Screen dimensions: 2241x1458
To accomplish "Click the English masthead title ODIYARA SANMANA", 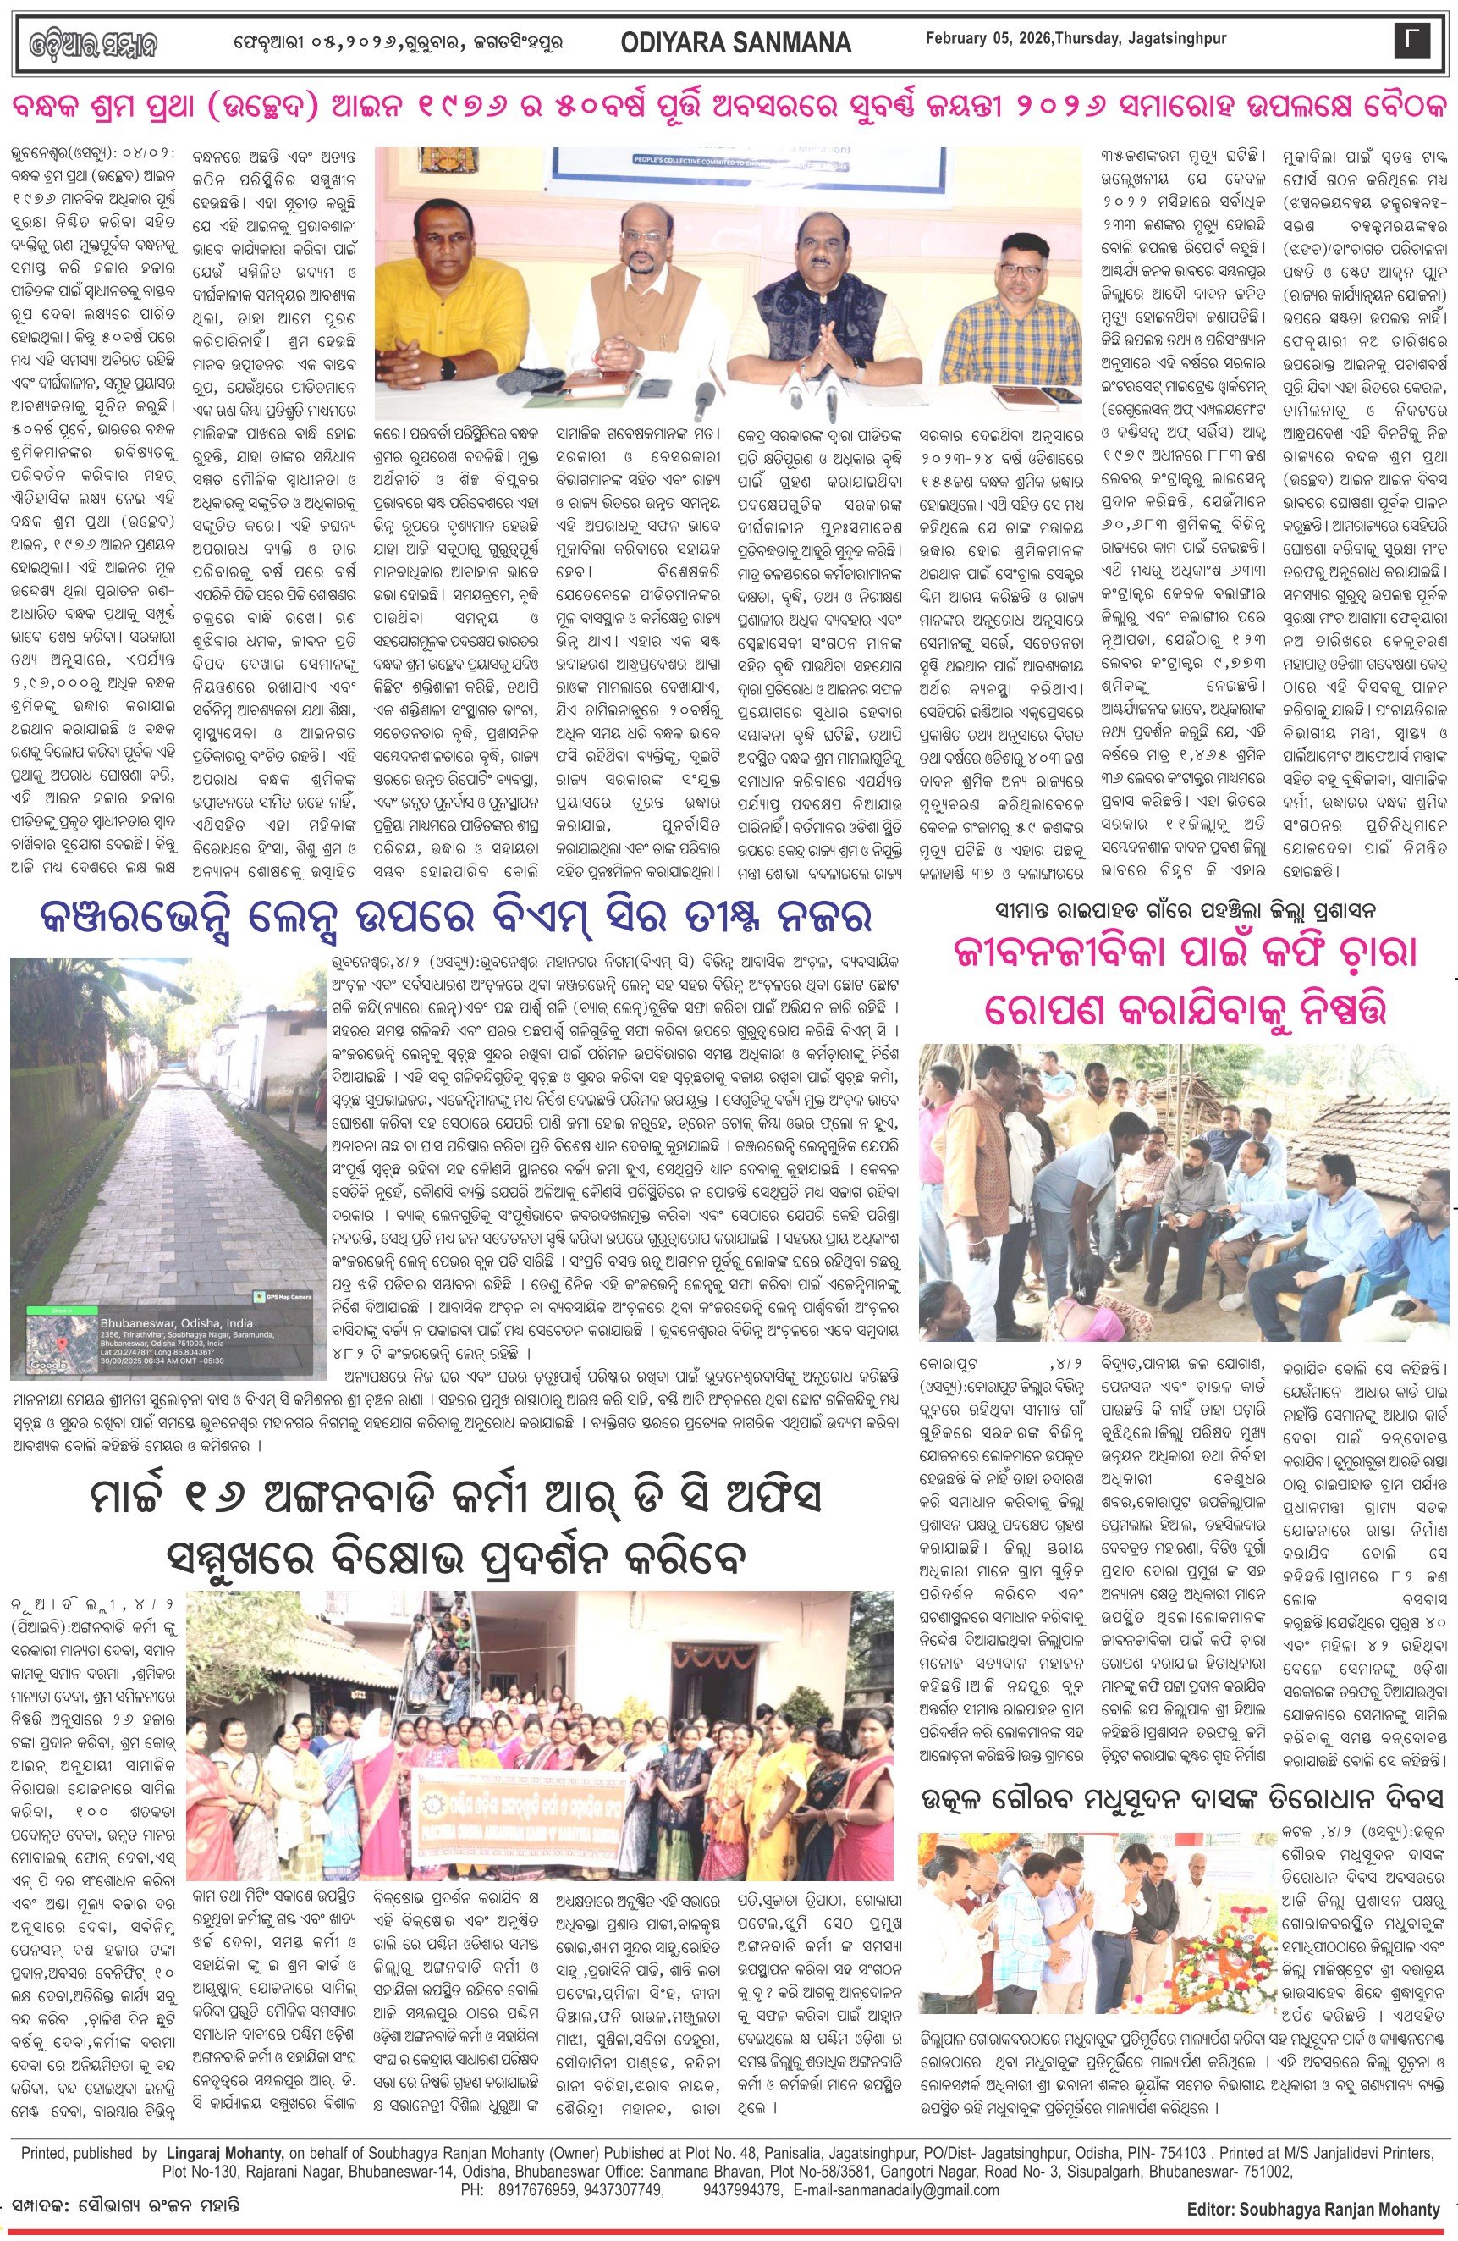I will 735,42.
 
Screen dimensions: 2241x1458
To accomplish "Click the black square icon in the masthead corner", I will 1410,41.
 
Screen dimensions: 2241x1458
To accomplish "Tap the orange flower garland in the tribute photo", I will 1224,1940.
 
